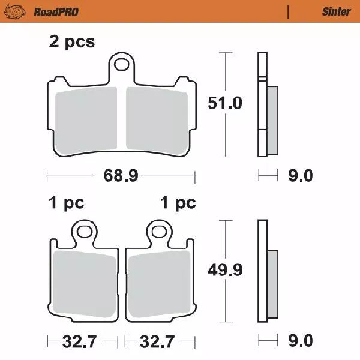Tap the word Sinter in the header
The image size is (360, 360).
tap(336, 11)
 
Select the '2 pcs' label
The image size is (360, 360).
tap(71, 42)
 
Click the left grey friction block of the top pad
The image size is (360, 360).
tap(86, 118)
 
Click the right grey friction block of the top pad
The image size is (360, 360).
tap(157, 118)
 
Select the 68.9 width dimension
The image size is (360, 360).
tap(121, 176)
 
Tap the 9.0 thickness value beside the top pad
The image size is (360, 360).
tap(300, 176)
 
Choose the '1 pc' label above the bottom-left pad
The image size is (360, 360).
tap(66, 203)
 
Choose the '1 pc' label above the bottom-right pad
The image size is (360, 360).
tap(178, 203)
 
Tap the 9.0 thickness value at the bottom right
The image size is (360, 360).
tap(300, 341)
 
